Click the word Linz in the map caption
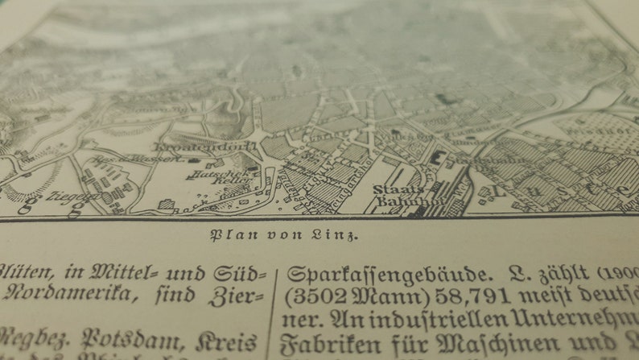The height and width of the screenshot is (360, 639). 340,235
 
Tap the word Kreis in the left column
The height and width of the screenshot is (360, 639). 230,339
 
